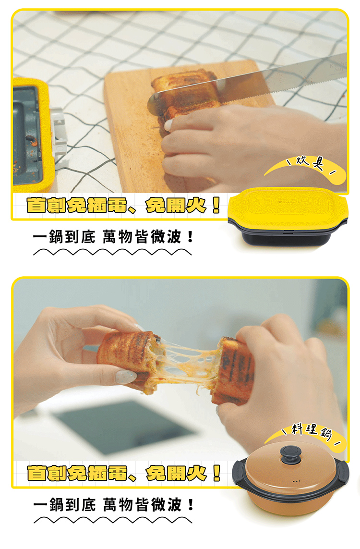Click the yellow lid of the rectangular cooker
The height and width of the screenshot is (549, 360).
pos(288,205)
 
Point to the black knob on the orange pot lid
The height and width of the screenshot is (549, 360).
pos(289,454)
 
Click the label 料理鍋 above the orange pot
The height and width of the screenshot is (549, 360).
pos(312,431)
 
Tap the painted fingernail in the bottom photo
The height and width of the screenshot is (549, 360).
pos(126,377)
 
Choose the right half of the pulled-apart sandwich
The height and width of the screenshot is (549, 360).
pos(233,371)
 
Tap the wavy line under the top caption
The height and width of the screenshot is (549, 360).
pos(112,252)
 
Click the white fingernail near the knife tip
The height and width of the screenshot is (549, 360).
pos(168,125)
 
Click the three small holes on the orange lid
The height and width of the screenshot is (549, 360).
pos(296,481)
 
